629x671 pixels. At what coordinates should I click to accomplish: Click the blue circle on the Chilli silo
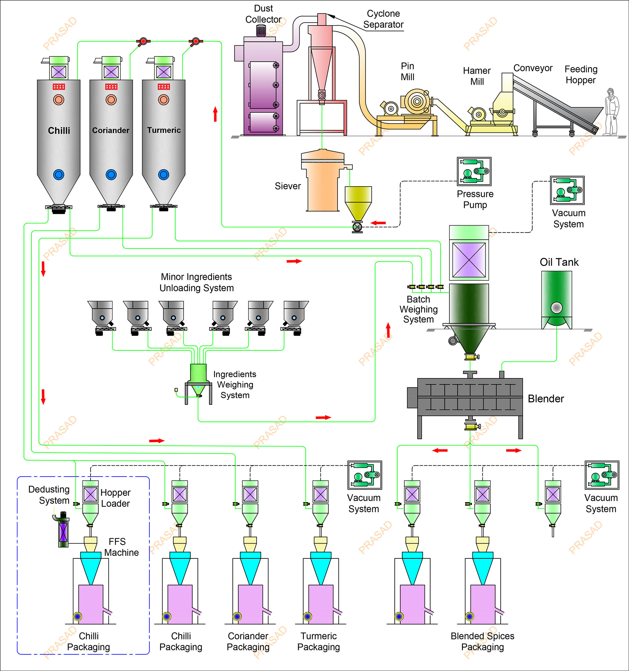click(59, 175)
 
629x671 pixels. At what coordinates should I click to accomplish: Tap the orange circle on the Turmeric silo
click(164, 100)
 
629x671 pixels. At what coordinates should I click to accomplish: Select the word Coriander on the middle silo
click(111, 130)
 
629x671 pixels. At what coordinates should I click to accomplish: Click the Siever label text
click(287, 186)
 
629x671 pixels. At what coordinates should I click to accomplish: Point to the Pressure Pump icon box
click(474, 171)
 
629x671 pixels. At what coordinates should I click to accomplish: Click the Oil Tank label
click(559, 262)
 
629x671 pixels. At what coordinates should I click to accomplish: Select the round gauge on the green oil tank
click(556, 307)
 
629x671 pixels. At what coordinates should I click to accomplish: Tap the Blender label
click(546, 399)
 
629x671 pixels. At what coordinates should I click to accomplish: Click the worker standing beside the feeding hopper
click(611, 112)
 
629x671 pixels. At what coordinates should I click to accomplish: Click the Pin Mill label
click(407, 71)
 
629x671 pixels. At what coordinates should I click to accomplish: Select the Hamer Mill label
click(477, 76)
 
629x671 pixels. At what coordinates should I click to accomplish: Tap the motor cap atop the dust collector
click(261, 31)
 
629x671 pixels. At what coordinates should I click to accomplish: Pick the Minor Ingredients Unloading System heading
click(196, 282)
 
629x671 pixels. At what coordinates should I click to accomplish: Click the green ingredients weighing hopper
click(198, 374)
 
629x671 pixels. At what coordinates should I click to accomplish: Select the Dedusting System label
click(49, 495)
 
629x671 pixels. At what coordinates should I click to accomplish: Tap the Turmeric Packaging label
click(319, 641)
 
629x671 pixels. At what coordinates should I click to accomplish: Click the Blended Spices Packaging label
click(482, 641)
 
